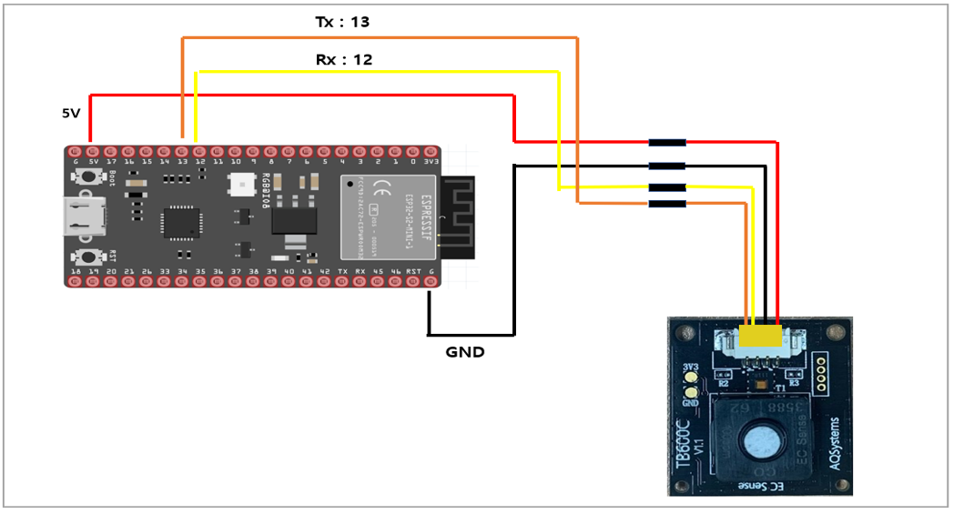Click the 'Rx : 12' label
[x=343, y=60]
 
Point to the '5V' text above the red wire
[x=71, y=114]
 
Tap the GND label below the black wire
[x=464, y=351]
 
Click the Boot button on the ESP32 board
[x=89, y=177]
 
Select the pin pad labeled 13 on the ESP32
[x=182, y=149]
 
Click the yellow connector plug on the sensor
[x=764, y=337]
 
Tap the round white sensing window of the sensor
[x=762, y=443]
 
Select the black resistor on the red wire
[x=666, y=143]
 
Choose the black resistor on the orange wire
[x=666, y=204]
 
